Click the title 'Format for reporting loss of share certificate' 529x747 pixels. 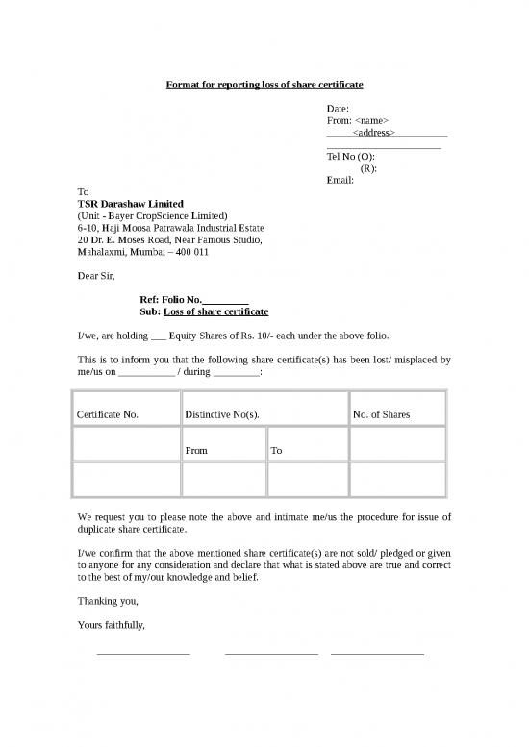264,86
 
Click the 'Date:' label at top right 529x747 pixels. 338,109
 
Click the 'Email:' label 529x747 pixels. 340,180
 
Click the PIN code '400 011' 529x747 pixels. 189,252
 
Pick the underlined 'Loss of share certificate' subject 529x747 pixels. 215,312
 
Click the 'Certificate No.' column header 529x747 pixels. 107,415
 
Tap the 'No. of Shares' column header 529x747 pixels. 381,415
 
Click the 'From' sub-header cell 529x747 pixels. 197,450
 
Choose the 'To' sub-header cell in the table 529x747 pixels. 277,450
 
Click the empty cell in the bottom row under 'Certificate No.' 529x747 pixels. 126,479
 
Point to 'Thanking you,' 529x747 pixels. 108,601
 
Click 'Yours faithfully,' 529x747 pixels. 112,625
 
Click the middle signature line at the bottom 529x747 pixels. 271,654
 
